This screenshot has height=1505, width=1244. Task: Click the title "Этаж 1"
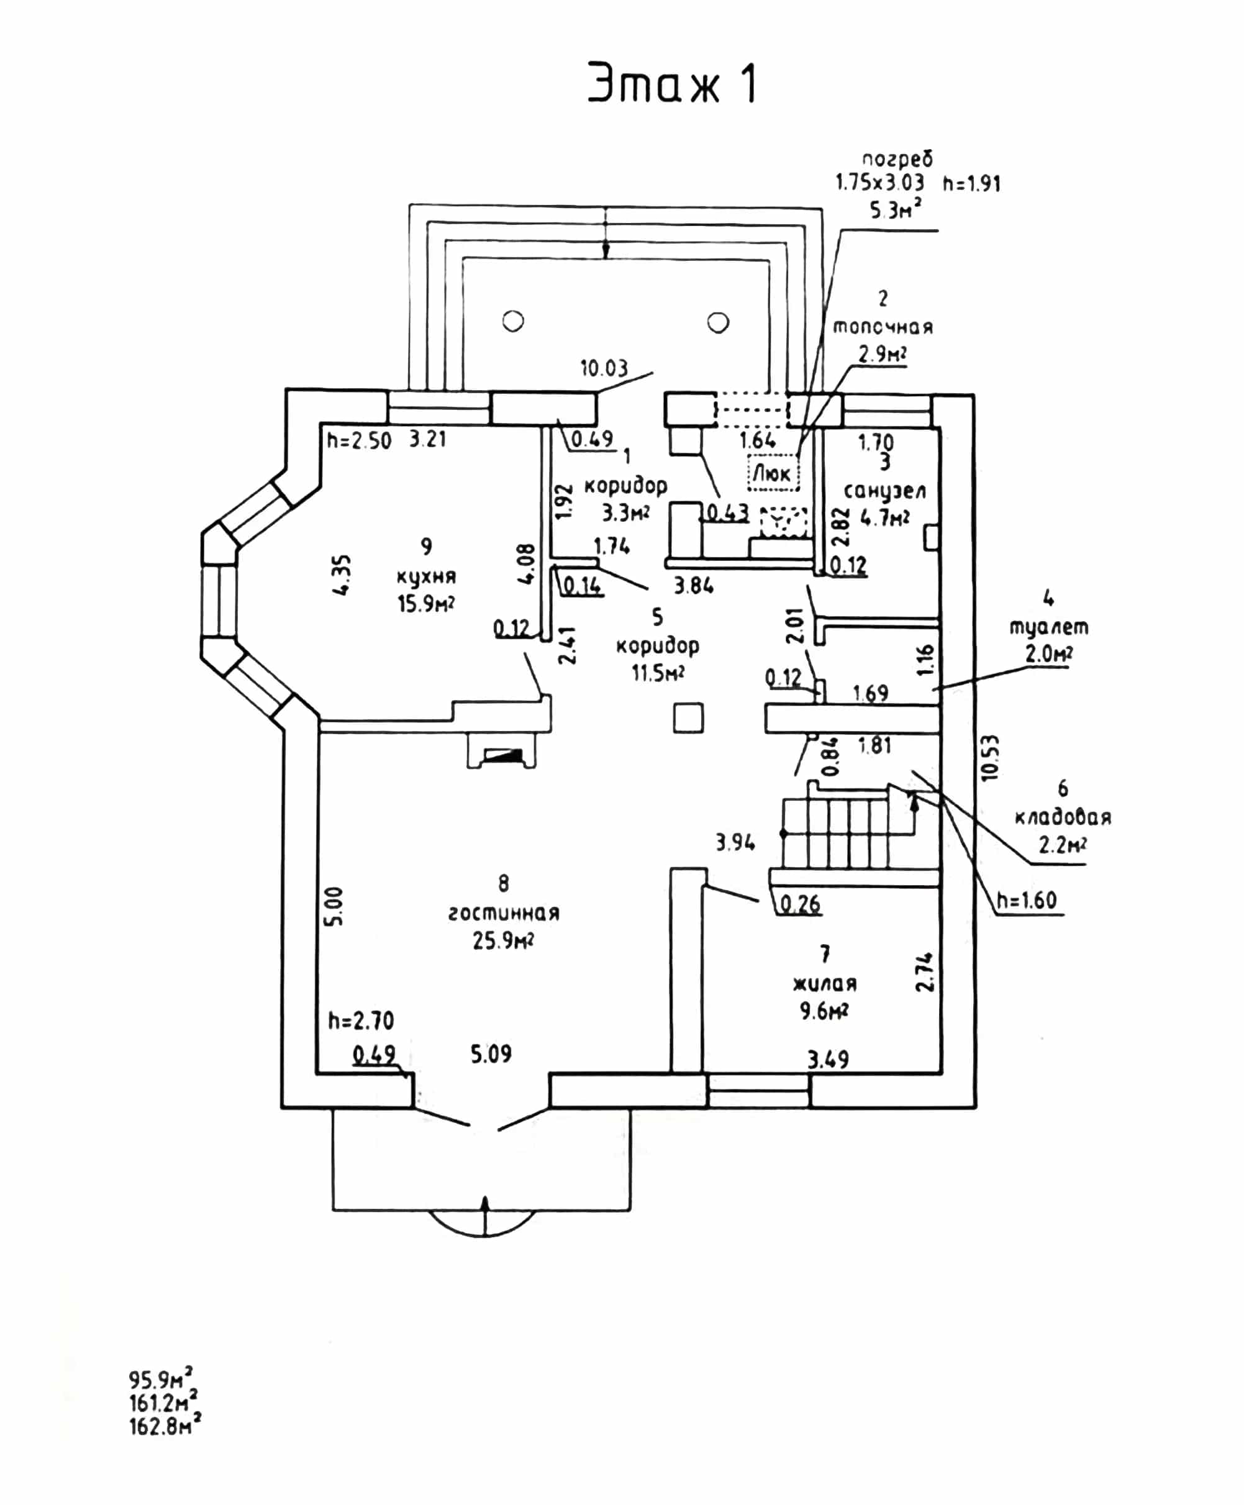pos(672,83)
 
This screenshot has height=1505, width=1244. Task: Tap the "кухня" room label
pos(427,577)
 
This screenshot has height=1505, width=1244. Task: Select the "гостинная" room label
pos(504,913)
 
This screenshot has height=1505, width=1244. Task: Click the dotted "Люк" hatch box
pos(773,473)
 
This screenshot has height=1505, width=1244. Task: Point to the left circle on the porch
pos(513,321)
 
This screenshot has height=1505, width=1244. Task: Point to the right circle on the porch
pos(718,322)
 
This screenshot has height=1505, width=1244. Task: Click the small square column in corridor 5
pos(688,717)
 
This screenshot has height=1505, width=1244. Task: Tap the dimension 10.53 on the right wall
pos(989,758)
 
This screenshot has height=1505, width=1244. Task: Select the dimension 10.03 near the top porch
pos(604,368)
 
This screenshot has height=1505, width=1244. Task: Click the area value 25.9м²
pos(503,940)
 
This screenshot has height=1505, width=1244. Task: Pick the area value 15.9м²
pos(427,604)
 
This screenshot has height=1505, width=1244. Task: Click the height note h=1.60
pos(1027,900)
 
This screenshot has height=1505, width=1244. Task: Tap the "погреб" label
pos(897,159)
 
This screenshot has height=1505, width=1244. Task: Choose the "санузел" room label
pos(885,491)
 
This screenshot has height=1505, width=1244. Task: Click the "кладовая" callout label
pos(1063,817)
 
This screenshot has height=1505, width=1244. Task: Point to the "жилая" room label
pos(825,983)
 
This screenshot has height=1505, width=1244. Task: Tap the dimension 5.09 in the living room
pos(492,1053)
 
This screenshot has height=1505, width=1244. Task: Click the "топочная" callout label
pos(883,327)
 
